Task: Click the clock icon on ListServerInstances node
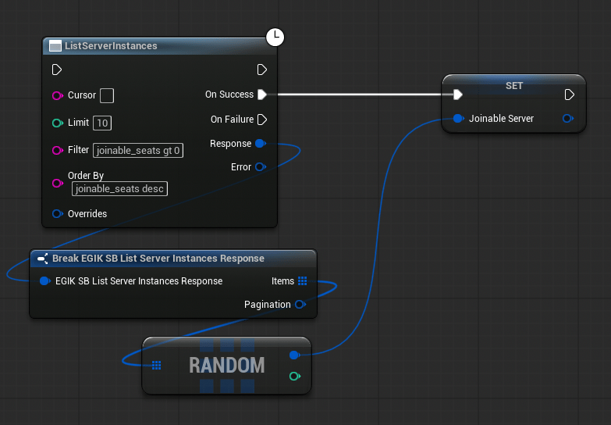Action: [x=275, y=37]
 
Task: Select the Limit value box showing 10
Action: [x=102, y=123]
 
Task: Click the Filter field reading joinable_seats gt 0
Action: [x=138, y=150]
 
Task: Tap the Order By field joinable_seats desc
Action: [x=119, y=189]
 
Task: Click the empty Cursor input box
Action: [x=107, y=95]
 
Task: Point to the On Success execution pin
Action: [x=262, y=95]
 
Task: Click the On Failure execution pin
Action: [x=262, y=120]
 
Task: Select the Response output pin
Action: [x=261, y=144]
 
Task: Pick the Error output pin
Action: [x=261, y=167]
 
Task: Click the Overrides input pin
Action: [x=57, y=214]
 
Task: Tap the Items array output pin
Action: [x=303, y=280]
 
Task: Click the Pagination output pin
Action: [x=300, y=305]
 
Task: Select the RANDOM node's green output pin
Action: [x=295, y=377]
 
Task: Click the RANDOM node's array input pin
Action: [x=156, y=366]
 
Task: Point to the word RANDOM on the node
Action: [x=227, y=366]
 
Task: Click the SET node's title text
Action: [x=514, y=86]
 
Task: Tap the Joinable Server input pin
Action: [x=459, y=118]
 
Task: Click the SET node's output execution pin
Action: [x=570, y=95]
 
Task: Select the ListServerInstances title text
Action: [x=111, y=45]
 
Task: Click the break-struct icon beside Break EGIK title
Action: [x=42, y=259]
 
